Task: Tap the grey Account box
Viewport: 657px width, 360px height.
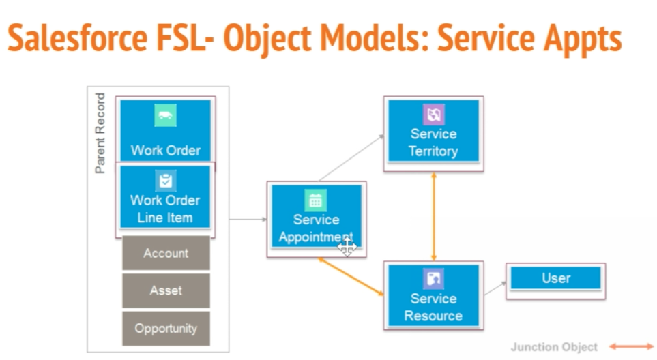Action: pos(166,253)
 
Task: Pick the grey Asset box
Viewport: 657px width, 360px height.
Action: pos(166,290)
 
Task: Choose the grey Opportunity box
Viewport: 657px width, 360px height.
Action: pos(166,329)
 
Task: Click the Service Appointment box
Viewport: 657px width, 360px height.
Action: pos(316,219)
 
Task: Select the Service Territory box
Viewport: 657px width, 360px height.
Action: pos(433,133)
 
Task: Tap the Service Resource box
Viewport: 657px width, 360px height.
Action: pos(433,298)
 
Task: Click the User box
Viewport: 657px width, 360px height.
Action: pos(555,278)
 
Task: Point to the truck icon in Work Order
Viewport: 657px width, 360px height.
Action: pos(165,115)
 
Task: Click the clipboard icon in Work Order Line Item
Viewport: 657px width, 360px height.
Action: pos(165,181)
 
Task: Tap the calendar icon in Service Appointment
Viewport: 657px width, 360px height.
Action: pos(315,200)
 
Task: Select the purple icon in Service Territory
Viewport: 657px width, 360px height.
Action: pos(433,114)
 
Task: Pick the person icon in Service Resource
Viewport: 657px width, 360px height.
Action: pos(433,279)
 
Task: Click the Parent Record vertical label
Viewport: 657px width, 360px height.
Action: pos(101,133)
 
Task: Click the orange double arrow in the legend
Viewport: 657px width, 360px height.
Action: pos(630,347)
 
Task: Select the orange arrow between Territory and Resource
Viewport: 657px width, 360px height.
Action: pos(433,215)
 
